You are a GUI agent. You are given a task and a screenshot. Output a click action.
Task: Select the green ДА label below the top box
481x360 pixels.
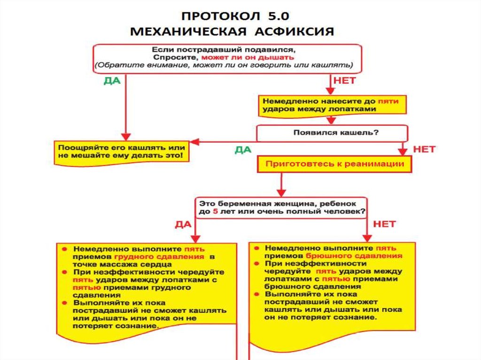(112, 80)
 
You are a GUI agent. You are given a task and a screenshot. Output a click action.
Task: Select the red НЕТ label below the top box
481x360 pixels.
(344, 80)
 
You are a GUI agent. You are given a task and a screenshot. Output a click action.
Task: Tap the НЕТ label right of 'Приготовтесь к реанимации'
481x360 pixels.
(424, 149)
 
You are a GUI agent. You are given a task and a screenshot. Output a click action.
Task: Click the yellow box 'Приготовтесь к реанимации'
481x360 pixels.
(335, 164)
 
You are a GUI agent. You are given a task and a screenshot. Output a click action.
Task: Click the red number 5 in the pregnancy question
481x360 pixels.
(215, 212)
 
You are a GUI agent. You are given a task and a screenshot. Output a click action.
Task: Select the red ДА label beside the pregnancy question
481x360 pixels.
(183, 224)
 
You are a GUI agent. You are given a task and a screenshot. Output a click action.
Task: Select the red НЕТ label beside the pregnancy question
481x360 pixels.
(384, 224)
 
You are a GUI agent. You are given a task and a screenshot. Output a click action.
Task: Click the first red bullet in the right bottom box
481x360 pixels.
(257, 247)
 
